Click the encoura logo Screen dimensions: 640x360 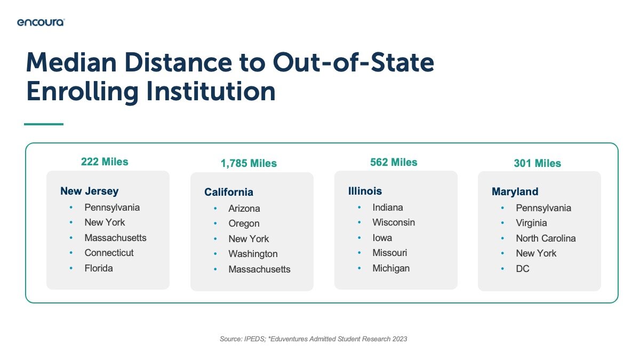(x=41, y=22)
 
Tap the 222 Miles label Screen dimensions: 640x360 (x=105, y=162)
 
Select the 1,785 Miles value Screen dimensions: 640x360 (x=249, y=163)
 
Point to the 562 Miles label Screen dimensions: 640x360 (x=394, y=162)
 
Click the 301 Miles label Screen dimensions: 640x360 (x=538, y=163)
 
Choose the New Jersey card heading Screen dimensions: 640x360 (x=90, y=191)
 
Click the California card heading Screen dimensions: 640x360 (x=229, y=193)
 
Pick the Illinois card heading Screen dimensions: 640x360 (x=365, y=191)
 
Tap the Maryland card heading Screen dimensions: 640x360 (x=515, y=191)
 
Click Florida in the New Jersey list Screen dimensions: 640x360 (x=99, y=268)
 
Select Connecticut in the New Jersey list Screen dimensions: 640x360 (x=109, y=253)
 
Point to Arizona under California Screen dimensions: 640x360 (x=244, y=209)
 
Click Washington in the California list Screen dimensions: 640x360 (x=253, y=254)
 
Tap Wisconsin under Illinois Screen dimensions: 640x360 (x=394, y=222)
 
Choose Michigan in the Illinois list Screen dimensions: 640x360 (x=391, y=268)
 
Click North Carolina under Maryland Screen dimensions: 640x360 (x=546, y=238)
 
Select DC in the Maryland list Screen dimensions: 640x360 (x=523, y=269)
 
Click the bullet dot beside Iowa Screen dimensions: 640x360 (x=359, y=237)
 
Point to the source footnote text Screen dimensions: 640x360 (x=314, y=339)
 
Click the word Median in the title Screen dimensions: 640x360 (x=71, y=62)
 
